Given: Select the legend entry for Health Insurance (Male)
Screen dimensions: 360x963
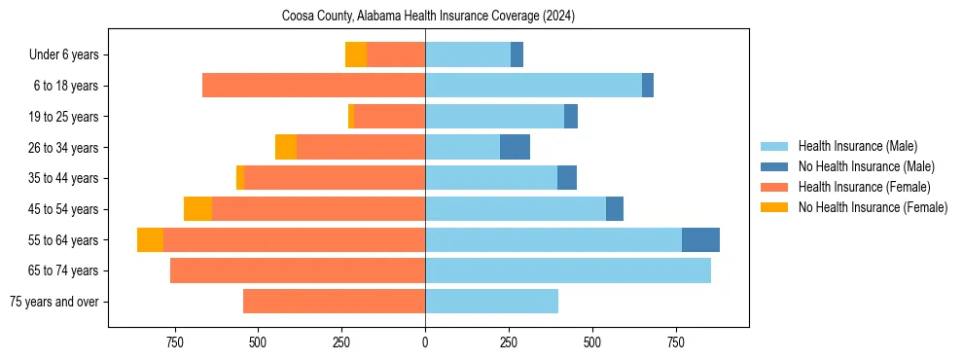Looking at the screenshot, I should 856,146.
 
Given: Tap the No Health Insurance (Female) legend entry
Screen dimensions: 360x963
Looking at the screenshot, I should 873,207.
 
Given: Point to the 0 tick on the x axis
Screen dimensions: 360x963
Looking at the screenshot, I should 425,342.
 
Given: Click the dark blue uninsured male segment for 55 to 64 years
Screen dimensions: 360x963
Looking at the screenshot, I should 700,240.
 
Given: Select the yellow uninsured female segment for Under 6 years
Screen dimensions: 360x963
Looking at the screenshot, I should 356,55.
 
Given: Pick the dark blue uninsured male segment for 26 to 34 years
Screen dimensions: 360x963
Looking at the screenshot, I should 515,148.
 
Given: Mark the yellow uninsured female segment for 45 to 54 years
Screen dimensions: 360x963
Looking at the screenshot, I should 197,209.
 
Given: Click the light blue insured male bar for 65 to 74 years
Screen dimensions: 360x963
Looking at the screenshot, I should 568,270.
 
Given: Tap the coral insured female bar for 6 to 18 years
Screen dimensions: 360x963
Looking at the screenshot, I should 313,86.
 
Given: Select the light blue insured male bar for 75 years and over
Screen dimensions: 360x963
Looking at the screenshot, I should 491,302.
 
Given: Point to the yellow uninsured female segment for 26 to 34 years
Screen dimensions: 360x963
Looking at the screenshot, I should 286,148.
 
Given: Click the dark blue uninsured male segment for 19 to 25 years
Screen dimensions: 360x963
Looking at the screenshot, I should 571,117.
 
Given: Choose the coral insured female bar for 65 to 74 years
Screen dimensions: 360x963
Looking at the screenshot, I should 298,270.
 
